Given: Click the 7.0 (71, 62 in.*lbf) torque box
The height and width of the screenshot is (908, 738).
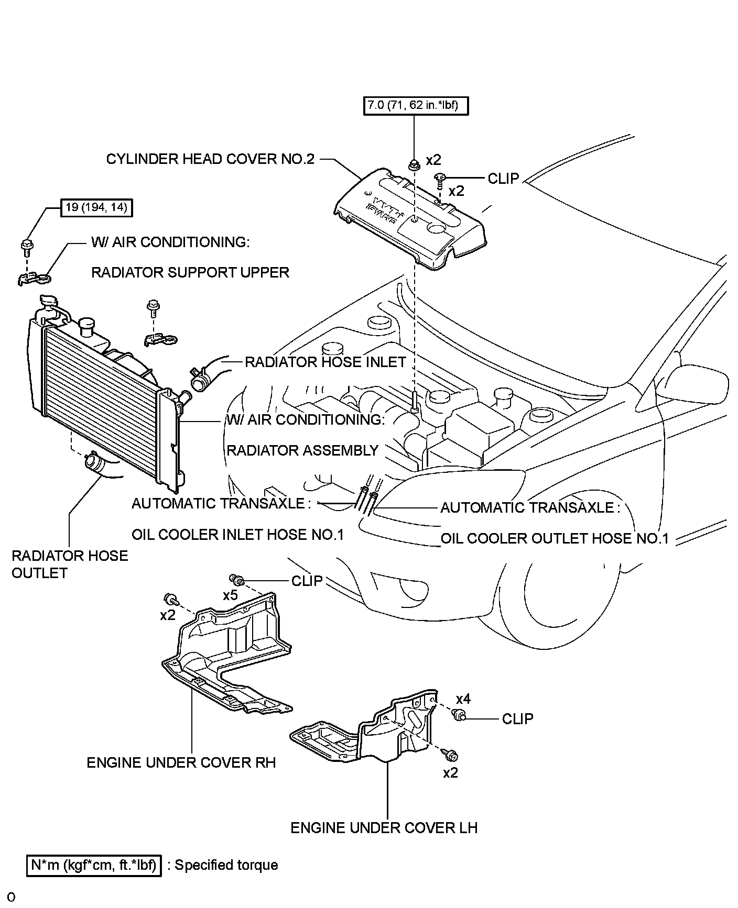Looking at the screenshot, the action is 415,105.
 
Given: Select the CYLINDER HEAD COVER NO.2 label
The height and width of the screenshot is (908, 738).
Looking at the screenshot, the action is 210,159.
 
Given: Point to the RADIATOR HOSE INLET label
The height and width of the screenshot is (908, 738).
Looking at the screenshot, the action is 325,362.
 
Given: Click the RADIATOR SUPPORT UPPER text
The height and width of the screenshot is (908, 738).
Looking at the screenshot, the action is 190,272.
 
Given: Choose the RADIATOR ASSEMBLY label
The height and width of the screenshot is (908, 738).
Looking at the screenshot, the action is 302,450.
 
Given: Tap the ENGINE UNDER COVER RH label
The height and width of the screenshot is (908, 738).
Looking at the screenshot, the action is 181,762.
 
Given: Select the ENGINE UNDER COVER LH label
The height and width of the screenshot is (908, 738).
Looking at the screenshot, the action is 384,828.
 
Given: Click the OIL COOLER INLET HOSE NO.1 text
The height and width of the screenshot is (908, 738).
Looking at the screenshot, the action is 237,535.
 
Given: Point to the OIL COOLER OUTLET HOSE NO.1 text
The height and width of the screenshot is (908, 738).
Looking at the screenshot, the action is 555,539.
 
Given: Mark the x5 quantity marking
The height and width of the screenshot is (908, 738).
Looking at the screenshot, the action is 231,595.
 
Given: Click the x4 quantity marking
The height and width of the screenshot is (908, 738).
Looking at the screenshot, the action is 463,699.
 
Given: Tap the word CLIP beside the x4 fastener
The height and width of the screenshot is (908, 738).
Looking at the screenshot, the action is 517,719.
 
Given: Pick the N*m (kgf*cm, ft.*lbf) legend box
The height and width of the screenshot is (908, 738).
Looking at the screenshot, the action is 94,865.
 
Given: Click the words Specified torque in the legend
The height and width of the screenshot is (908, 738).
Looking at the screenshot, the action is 226,865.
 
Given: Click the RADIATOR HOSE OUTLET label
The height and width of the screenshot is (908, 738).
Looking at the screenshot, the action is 70,564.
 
